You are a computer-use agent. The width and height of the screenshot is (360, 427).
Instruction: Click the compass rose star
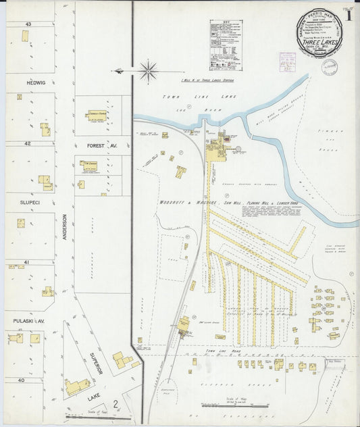(148, 70)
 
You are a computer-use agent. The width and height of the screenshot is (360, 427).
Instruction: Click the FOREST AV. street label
(101, 145)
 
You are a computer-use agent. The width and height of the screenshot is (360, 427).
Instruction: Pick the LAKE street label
(94, 399)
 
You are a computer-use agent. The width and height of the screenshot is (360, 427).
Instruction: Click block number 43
(28, 24)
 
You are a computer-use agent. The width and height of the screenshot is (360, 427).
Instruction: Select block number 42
(28, 143)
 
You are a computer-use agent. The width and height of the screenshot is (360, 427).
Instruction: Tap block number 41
(28, 261)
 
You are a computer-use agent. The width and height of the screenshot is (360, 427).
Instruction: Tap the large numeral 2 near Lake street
(115, 405)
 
